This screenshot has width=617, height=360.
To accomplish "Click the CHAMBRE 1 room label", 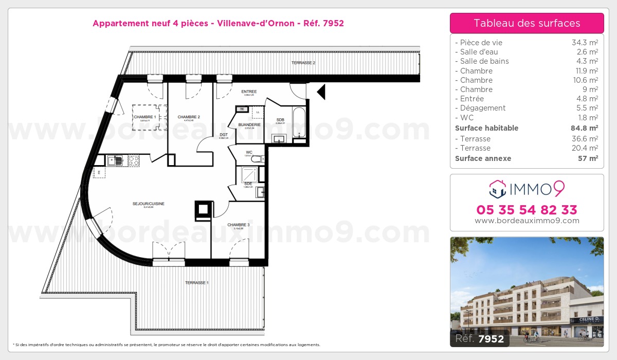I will tap(144, 117).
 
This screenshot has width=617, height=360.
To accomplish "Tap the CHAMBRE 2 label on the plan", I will tap(189, 117).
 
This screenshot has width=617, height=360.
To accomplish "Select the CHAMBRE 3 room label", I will tap(238, 225).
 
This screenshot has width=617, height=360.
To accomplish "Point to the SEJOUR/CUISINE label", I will tap(149, 204).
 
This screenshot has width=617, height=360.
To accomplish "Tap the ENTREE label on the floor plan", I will tap(249, 92).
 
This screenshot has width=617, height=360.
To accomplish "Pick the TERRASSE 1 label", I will tap(197, 283).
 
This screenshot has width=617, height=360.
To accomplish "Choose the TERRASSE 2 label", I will tap(303, 63).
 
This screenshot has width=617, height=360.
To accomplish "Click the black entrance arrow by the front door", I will tap(321, 92).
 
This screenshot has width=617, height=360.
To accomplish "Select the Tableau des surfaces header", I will tap(527, 23).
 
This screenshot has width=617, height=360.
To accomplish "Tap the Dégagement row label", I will tap(483, 108).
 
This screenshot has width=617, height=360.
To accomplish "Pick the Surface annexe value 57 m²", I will tap(588, 158).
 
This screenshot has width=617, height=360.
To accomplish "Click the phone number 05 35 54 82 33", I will tap(527, 210).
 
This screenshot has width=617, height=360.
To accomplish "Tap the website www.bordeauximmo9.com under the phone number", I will tap(527, 221).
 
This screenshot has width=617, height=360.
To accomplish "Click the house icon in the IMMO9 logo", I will tap(498, 189).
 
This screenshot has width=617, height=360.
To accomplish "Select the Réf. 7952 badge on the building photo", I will tap(480, 339).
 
